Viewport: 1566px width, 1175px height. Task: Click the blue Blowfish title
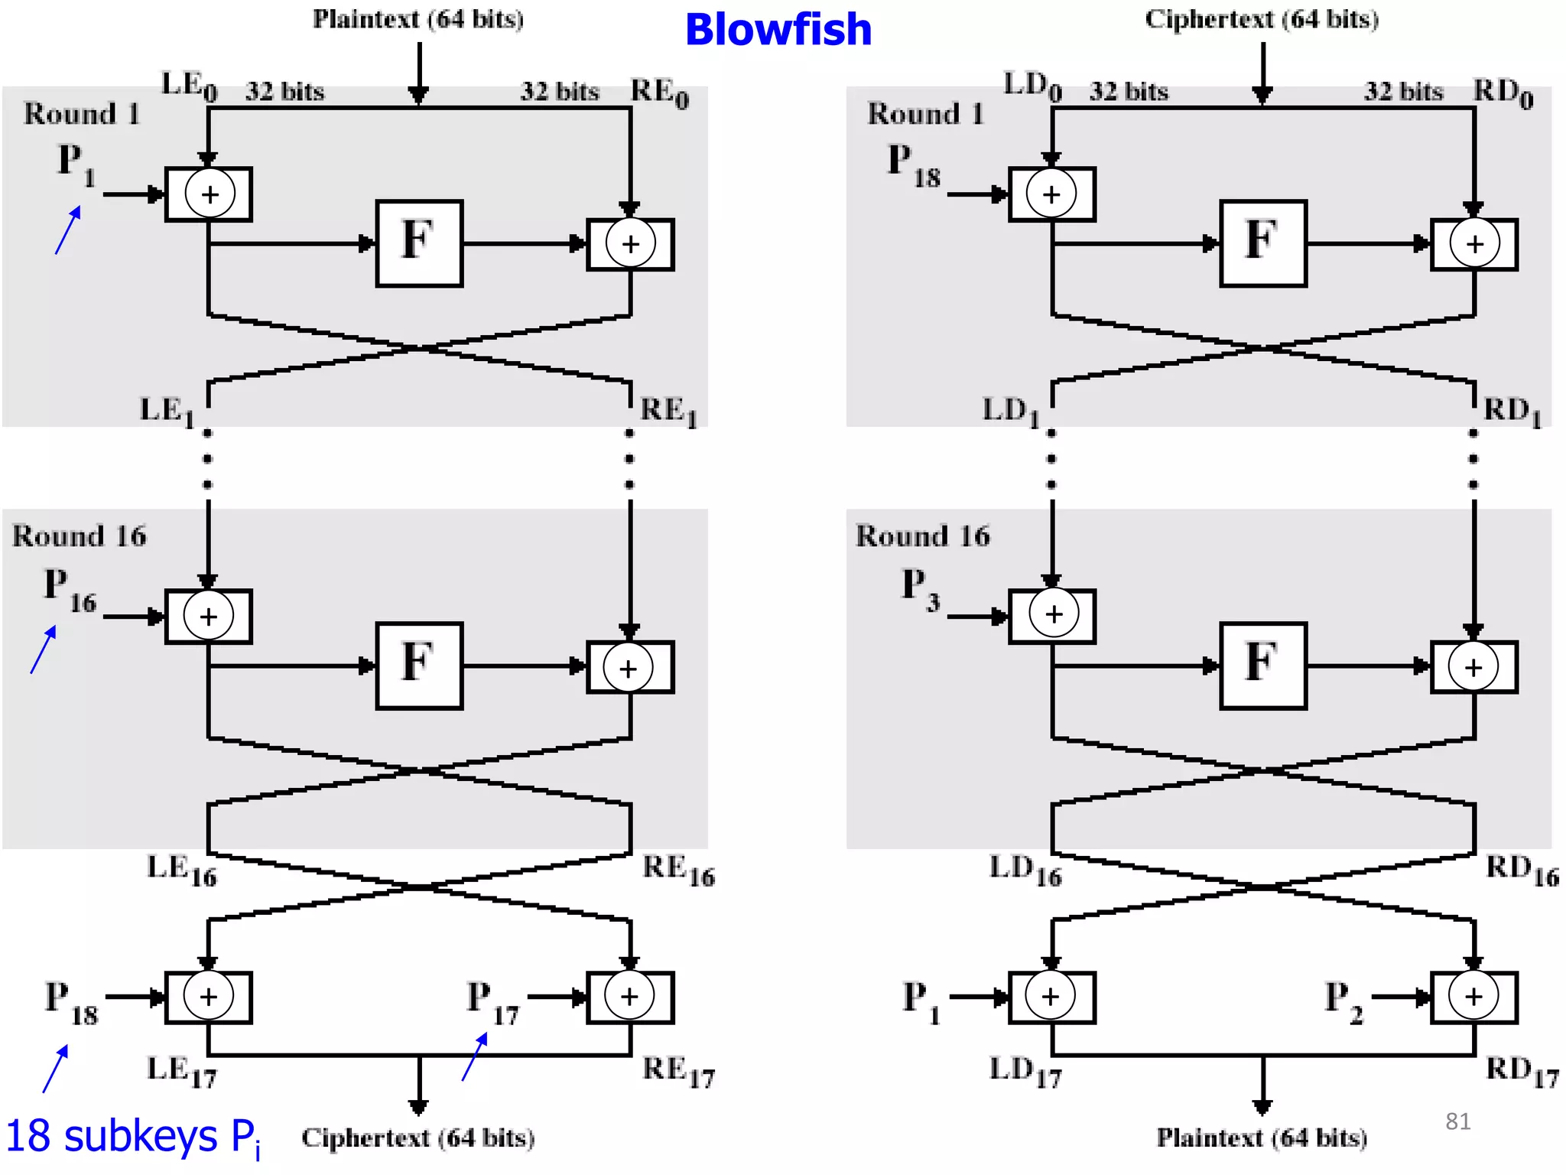778,31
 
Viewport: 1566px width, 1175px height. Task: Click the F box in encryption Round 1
419,243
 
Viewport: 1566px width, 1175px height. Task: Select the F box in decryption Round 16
1263,666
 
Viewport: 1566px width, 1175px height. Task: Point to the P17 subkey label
492,1003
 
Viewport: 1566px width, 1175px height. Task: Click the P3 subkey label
921,590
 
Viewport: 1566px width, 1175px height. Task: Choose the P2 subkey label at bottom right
1343,1002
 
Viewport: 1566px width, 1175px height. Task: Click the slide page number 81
1457,1121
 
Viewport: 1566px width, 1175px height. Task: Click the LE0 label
189,86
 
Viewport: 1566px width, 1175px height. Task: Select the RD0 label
1503,93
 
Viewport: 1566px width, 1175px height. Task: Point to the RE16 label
678,871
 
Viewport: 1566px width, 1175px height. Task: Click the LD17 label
1025,1072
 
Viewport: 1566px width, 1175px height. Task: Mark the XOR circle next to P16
208,616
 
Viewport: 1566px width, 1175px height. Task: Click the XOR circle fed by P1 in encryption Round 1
210,194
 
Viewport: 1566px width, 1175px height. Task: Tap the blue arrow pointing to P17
475,1056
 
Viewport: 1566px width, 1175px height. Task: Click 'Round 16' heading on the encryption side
79,536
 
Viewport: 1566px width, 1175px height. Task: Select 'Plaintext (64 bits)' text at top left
418,19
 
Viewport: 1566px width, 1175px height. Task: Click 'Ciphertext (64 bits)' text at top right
1262,19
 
